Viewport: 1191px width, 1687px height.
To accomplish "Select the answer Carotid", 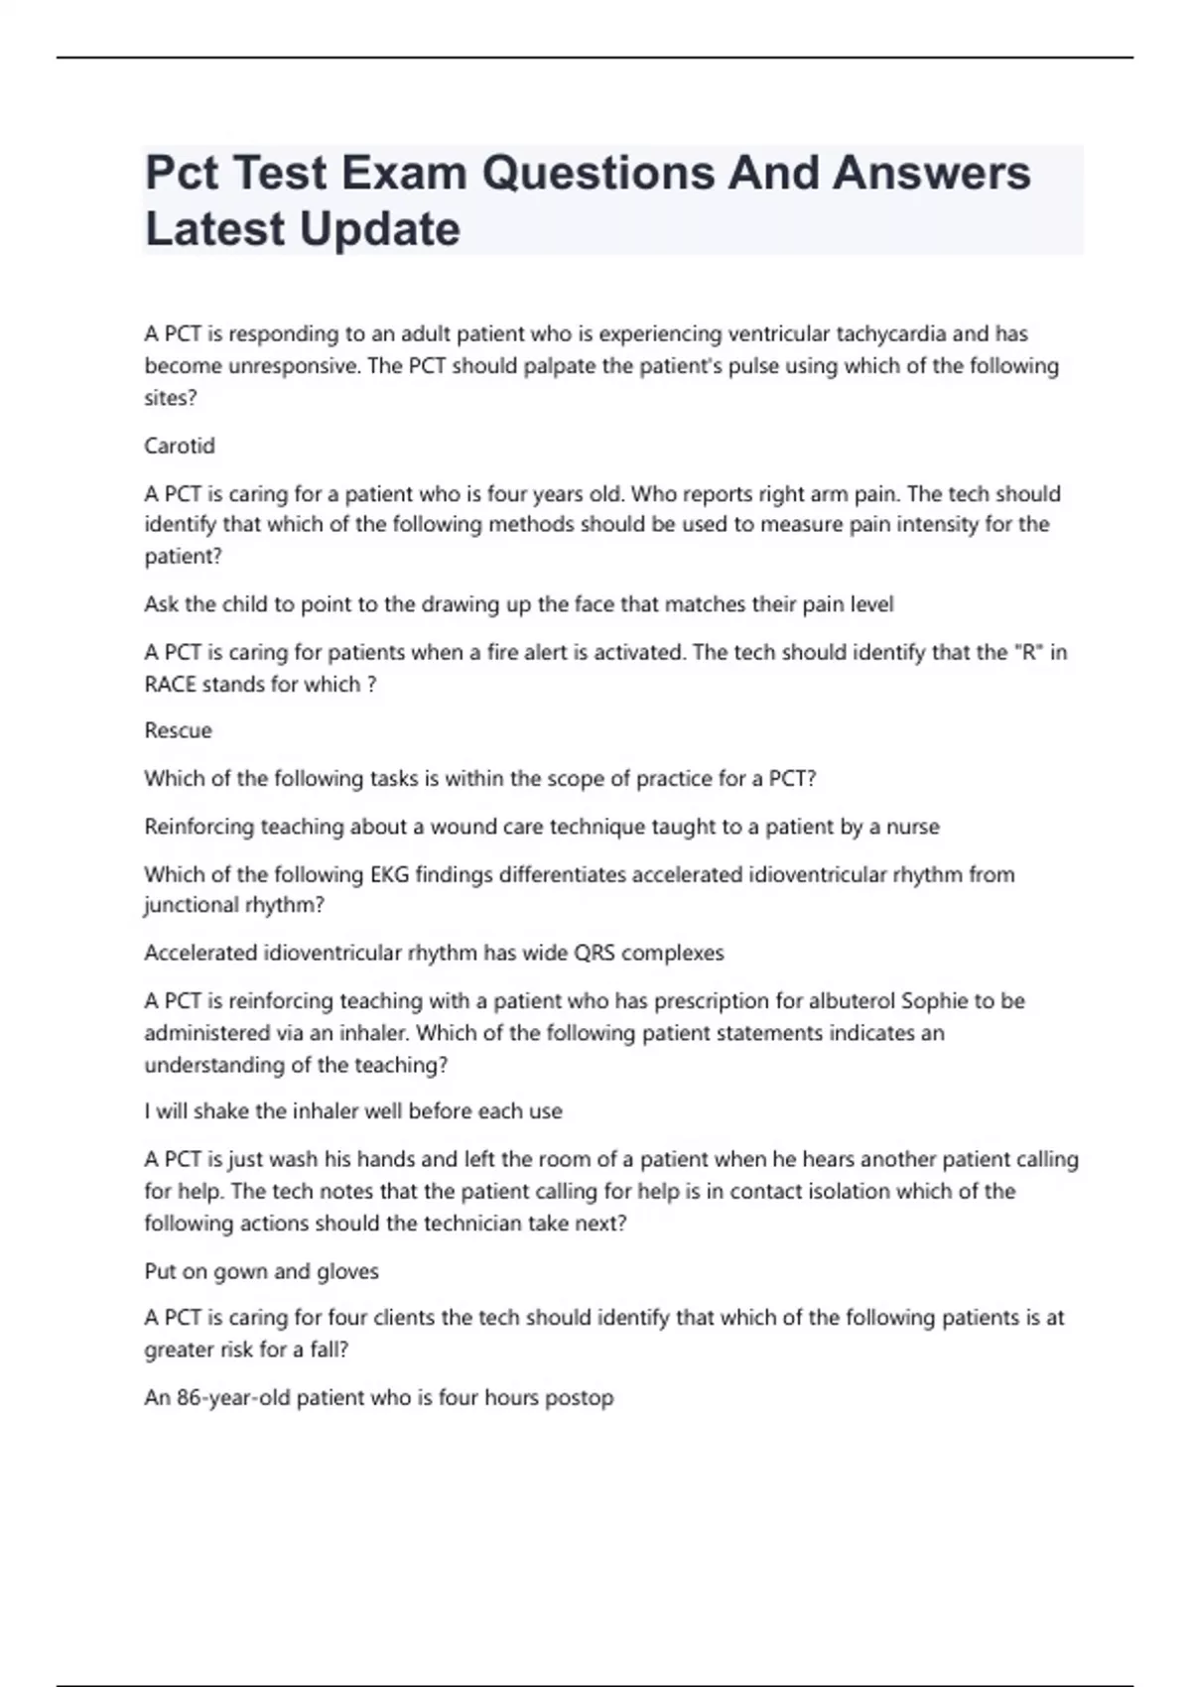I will tap(180, 446).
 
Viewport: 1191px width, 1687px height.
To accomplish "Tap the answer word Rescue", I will tap(179, 730).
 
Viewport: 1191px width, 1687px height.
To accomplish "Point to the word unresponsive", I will tap(294, 366).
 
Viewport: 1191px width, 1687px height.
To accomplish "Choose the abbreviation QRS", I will tap(596, 953).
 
